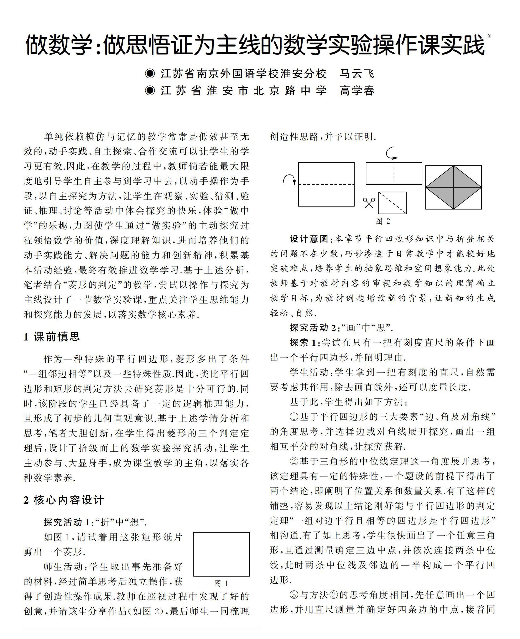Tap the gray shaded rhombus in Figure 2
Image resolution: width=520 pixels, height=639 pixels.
[453, 187]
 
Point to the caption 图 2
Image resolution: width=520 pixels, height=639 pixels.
[383, 221]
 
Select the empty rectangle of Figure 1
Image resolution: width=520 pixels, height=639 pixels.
[221, 554]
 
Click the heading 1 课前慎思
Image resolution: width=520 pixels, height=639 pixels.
[52, 337]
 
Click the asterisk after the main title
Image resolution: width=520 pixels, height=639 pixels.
[489, 36]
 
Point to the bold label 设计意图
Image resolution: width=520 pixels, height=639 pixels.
[310, 239]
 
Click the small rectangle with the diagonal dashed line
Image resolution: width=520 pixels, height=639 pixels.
[392, 203]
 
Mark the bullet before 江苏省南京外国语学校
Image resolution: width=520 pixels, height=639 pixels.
[150, 74]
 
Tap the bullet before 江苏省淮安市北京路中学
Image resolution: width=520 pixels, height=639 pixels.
[150, 90]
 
